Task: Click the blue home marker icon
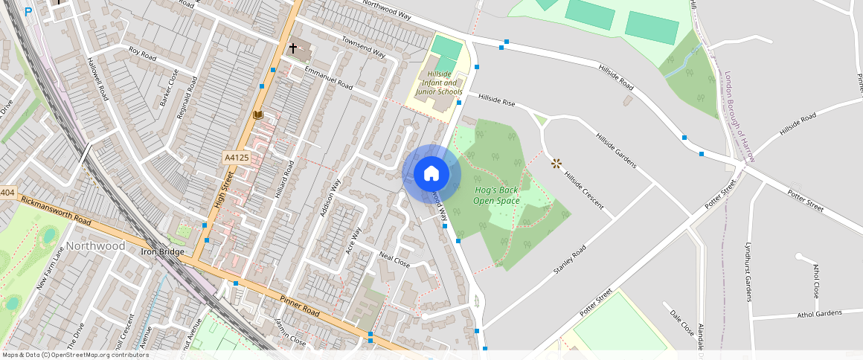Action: coord(431,174)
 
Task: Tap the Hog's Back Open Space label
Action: coord(496,196)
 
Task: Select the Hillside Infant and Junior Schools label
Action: coord(439,83)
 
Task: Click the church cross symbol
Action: coord(293,48)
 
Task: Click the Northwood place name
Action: coord(95,245)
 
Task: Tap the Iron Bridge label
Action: coord(162,251)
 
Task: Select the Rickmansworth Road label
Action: coord(57,210)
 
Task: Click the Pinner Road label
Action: coord(299,309)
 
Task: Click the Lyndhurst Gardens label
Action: coord(748,271)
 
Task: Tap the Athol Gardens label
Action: coord(819,313)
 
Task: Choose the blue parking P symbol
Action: coord(28,12)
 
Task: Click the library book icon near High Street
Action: coord(258,115)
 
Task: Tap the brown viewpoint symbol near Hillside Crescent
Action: coord(556,163)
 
